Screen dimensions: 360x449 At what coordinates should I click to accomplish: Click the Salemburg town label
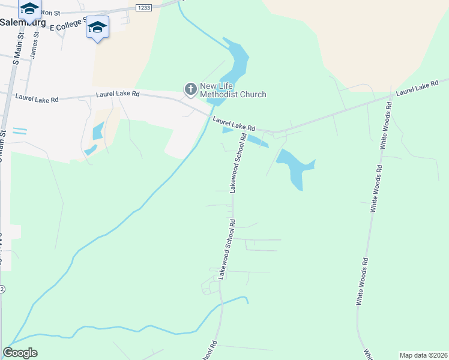23,22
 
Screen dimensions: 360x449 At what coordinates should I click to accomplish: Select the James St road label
34,46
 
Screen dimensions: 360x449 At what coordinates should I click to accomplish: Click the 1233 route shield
143,7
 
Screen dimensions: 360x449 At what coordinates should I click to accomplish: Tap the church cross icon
190,89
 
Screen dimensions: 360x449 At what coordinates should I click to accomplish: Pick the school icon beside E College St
97,28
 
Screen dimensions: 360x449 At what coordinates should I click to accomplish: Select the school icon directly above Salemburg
29,8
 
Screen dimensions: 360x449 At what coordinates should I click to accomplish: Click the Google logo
20,353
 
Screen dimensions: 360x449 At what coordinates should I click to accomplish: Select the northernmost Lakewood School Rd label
238,163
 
